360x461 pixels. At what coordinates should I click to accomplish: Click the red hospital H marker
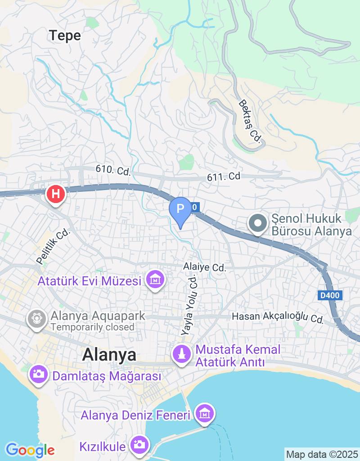[x=56, y=194]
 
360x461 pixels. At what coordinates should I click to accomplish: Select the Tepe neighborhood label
[x=65, y=36]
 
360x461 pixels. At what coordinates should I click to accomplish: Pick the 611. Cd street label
[x=224, y=176]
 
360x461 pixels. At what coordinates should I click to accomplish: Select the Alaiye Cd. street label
[x=204, y=267]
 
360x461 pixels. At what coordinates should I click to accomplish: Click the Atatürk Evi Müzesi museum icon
[x=155, y=280]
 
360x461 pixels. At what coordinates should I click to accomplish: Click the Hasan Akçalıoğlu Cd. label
[x=278, y=317]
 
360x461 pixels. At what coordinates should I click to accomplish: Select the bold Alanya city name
[x=109, y=355]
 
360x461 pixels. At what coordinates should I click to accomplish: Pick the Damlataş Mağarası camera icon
[x=38, y=374]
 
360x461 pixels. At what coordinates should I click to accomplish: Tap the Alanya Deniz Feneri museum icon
[x=204, y=413]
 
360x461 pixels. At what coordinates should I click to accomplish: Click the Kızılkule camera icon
[x=139, y=445]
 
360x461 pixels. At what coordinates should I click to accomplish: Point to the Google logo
[x=30, y=449]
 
